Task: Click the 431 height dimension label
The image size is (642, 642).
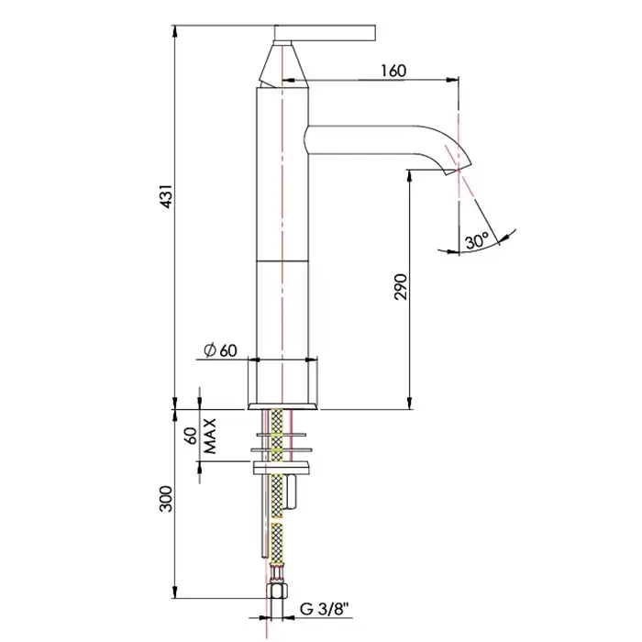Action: click(x=168, y=196)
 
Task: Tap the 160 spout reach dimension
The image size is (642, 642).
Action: click(x=393, y=71)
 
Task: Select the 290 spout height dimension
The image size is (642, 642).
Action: click(x=402, y=286)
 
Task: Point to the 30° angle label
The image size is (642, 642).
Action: click(x=477, y=240)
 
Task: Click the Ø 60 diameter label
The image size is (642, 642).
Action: click(x=220, y=350)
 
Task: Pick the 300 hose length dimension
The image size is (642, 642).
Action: click(x=167, y=499)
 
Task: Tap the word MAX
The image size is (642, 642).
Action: click(x=210, y=436)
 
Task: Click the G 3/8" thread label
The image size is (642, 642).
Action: click(x=326, y=609)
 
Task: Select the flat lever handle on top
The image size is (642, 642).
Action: click(x=325, y=33)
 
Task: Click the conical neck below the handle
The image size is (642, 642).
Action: click(x=283, y=65)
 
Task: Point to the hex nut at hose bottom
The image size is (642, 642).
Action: click(x=276, y=592)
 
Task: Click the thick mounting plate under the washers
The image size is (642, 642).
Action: click(x=282, y=467)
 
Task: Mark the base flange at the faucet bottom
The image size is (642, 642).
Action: click(x=282, y=406)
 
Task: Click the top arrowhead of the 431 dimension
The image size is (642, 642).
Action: click(x=175, y=30)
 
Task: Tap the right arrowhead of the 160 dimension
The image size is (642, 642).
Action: click(x=453, y=80)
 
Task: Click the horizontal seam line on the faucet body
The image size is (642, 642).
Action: click(x=282, y=260)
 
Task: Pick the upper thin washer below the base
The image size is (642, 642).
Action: click(x=281, y=434)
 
